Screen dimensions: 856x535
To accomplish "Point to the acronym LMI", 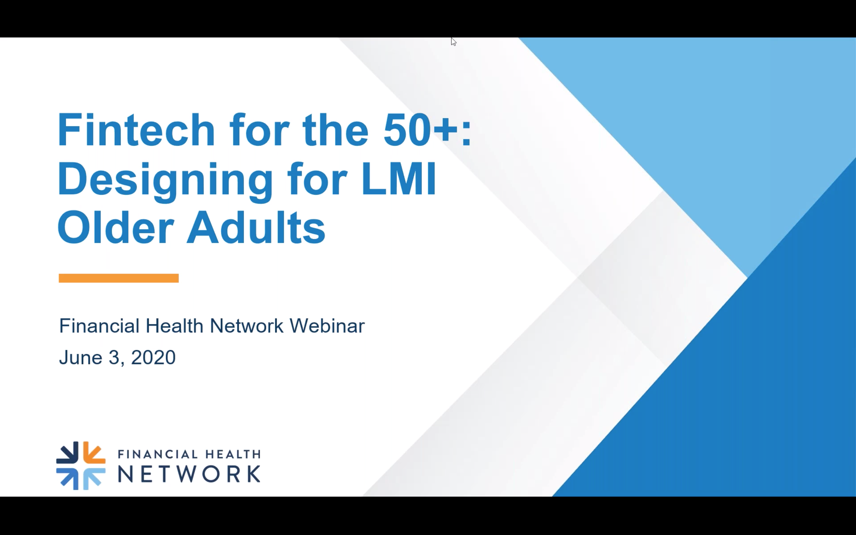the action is click(399, 179).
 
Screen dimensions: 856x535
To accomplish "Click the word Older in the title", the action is click(116, 227).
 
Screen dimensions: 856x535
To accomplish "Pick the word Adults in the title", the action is click(256, 227).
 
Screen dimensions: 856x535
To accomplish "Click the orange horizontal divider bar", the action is click(119, 278).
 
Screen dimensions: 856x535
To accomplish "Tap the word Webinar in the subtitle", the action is click(327, 325).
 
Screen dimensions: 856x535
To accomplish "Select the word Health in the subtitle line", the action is click(174, 325).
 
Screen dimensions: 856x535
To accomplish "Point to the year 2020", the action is click(153, 357).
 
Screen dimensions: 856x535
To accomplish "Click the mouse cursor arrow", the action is click(454, 41).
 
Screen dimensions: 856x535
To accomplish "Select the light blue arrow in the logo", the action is click(94, 479).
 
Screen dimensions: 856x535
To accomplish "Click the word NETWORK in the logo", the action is click(189, 474).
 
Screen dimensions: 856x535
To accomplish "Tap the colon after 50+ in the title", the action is click(466, 133).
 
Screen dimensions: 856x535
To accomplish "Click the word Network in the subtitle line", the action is click(246, 325).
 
